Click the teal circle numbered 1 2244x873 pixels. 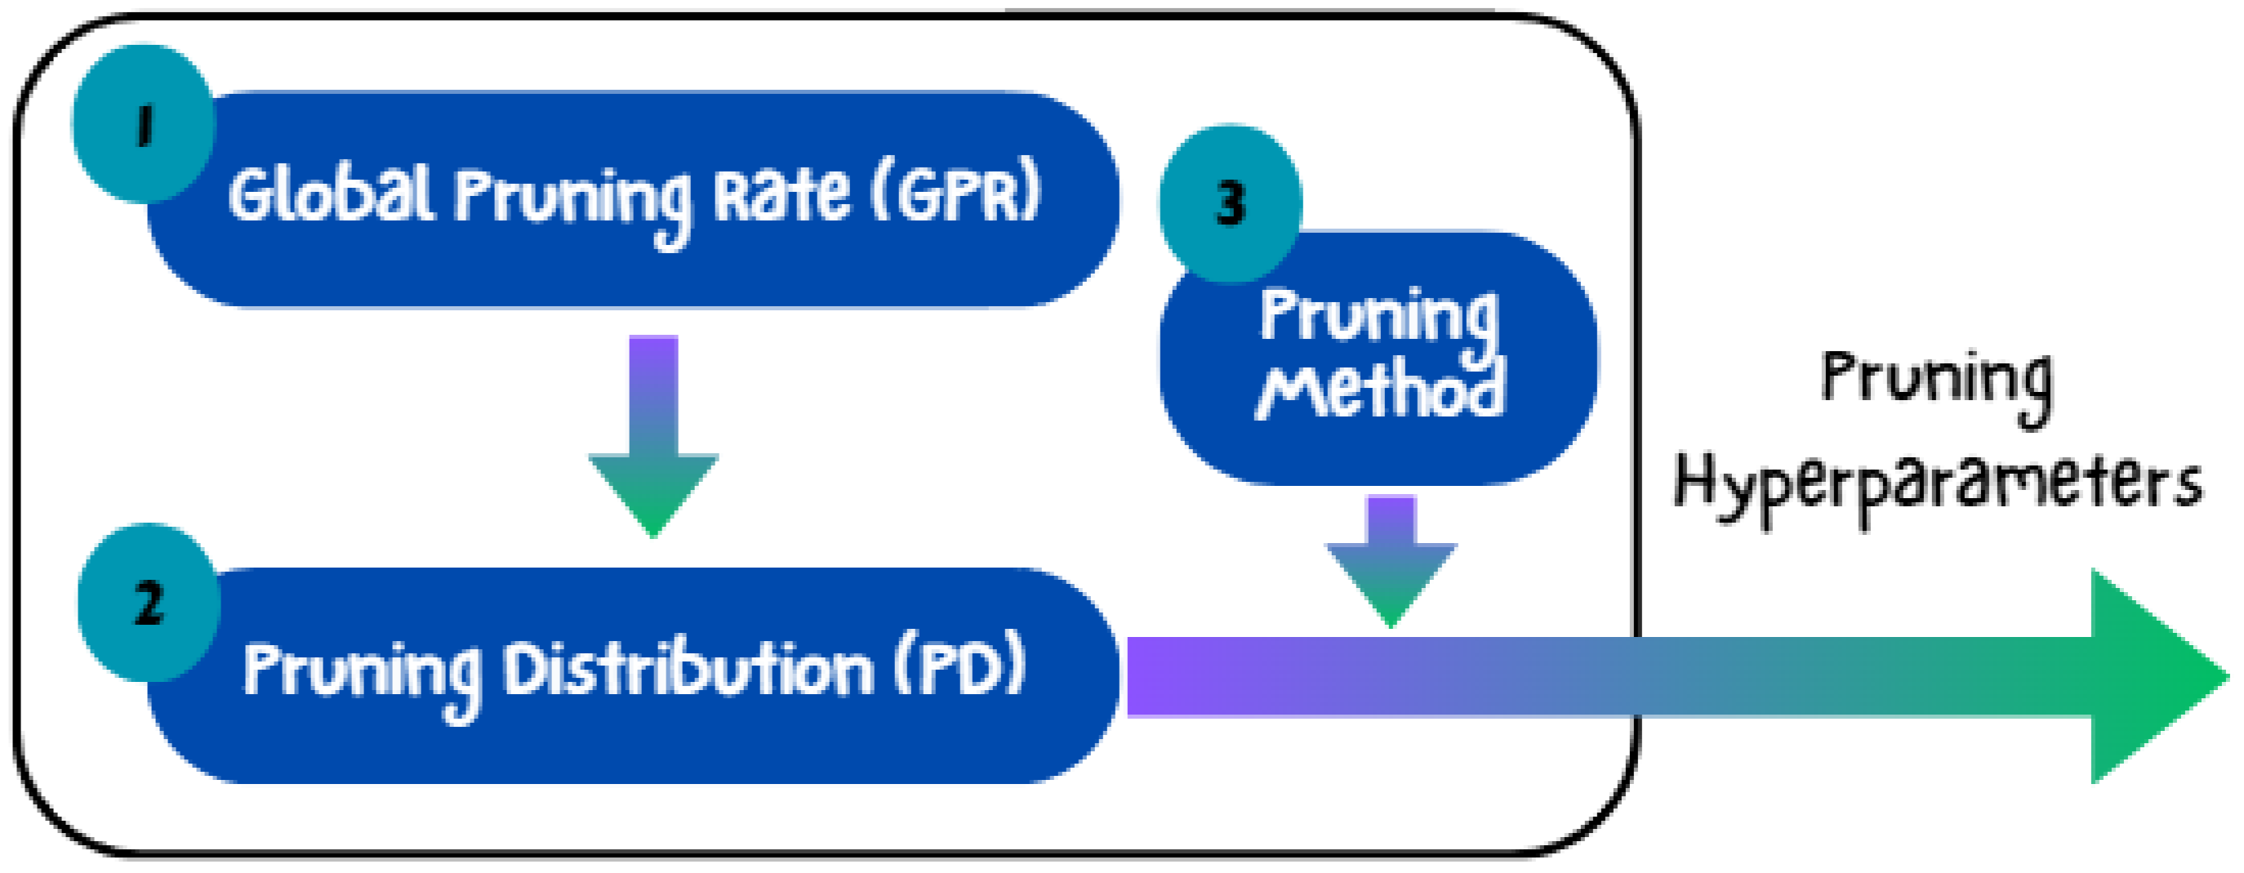point(144,125)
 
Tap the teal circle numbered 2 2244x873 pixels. point(149,603)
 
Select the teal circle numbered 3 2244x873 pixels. point(1230,203)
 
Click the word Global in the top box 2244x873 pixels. point(331,194)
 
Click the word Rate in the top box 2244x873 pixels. point(781,194)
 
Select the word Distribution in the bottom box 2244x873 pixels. point(688,670)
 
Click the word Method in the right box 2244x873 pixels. point(1381,392)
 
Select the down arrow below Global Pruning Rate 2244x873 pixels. point(653,435)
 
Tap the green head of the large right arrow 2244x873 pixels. point(2152,677)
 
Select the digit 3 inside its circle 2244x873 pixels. point(1230,203)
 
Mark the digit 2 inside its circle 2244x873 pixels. point(149,603)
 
